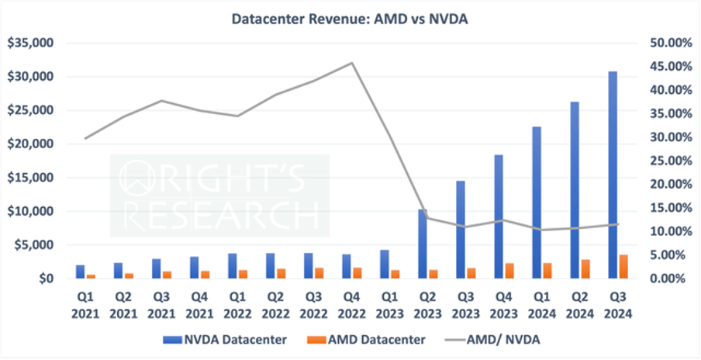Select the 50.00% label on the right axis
coord(668,43)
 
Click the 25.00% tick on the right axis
coord(668,161)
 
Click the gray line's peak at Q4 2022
coord(352,63)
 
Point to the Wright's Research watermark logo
coord(219,195)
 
